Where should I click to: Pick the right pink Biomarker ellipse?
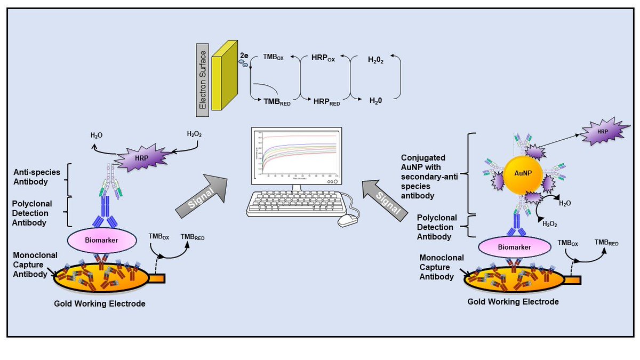[x=515, y=247]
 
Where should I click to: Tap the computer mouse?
[x=348, y=219]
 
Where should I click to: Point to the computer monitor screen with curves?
[x=293, y=156]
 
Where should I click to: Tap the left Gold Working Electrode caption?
[x=99, y=303]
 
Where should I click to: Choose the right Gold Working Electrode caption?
[x=513, y=301]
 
